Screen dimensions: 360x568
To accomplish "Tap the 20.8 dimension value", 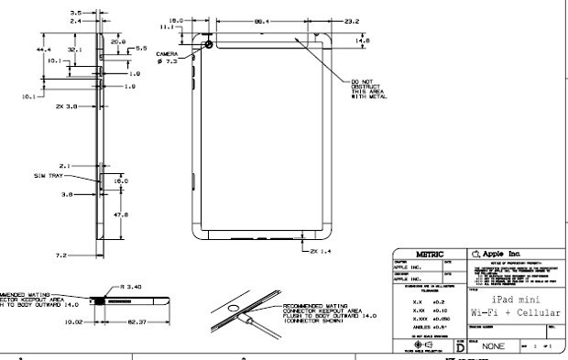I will tap(116, 41).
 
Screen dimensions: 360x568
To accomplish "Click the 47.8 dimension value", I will tap(119, 215).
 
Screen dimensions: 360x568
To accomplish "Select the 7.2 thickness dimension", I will tap(61, 254).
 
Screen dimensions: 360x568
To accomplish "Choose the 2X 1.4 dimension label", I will tap(322, 249).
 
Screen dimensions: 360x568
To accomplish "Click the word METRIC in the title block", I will tap(431, 253).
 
